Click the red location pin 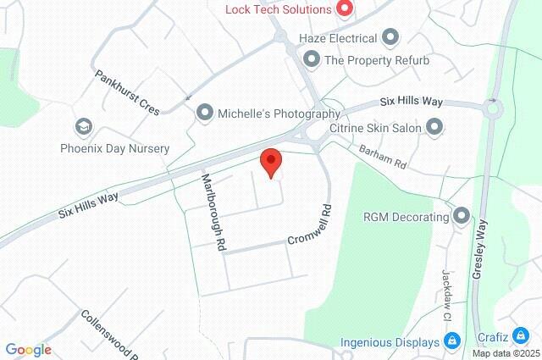(270, 162)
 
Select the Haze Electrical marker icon (390, 37)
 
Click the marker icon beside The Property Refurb (312, 60)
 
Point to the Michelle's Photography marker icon (204, 112)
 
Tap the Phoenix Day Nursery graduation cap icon (83, 128)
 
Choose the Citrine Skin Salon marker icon (434, 128)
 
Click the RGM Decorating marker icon (462, 216)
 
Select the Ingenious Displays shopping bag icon (452, 341)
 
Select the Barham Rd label (383, 156)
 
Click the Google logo (28, 350)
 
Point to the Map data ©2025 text (506, 353)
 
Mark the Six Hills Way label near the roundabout (411, 101)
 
